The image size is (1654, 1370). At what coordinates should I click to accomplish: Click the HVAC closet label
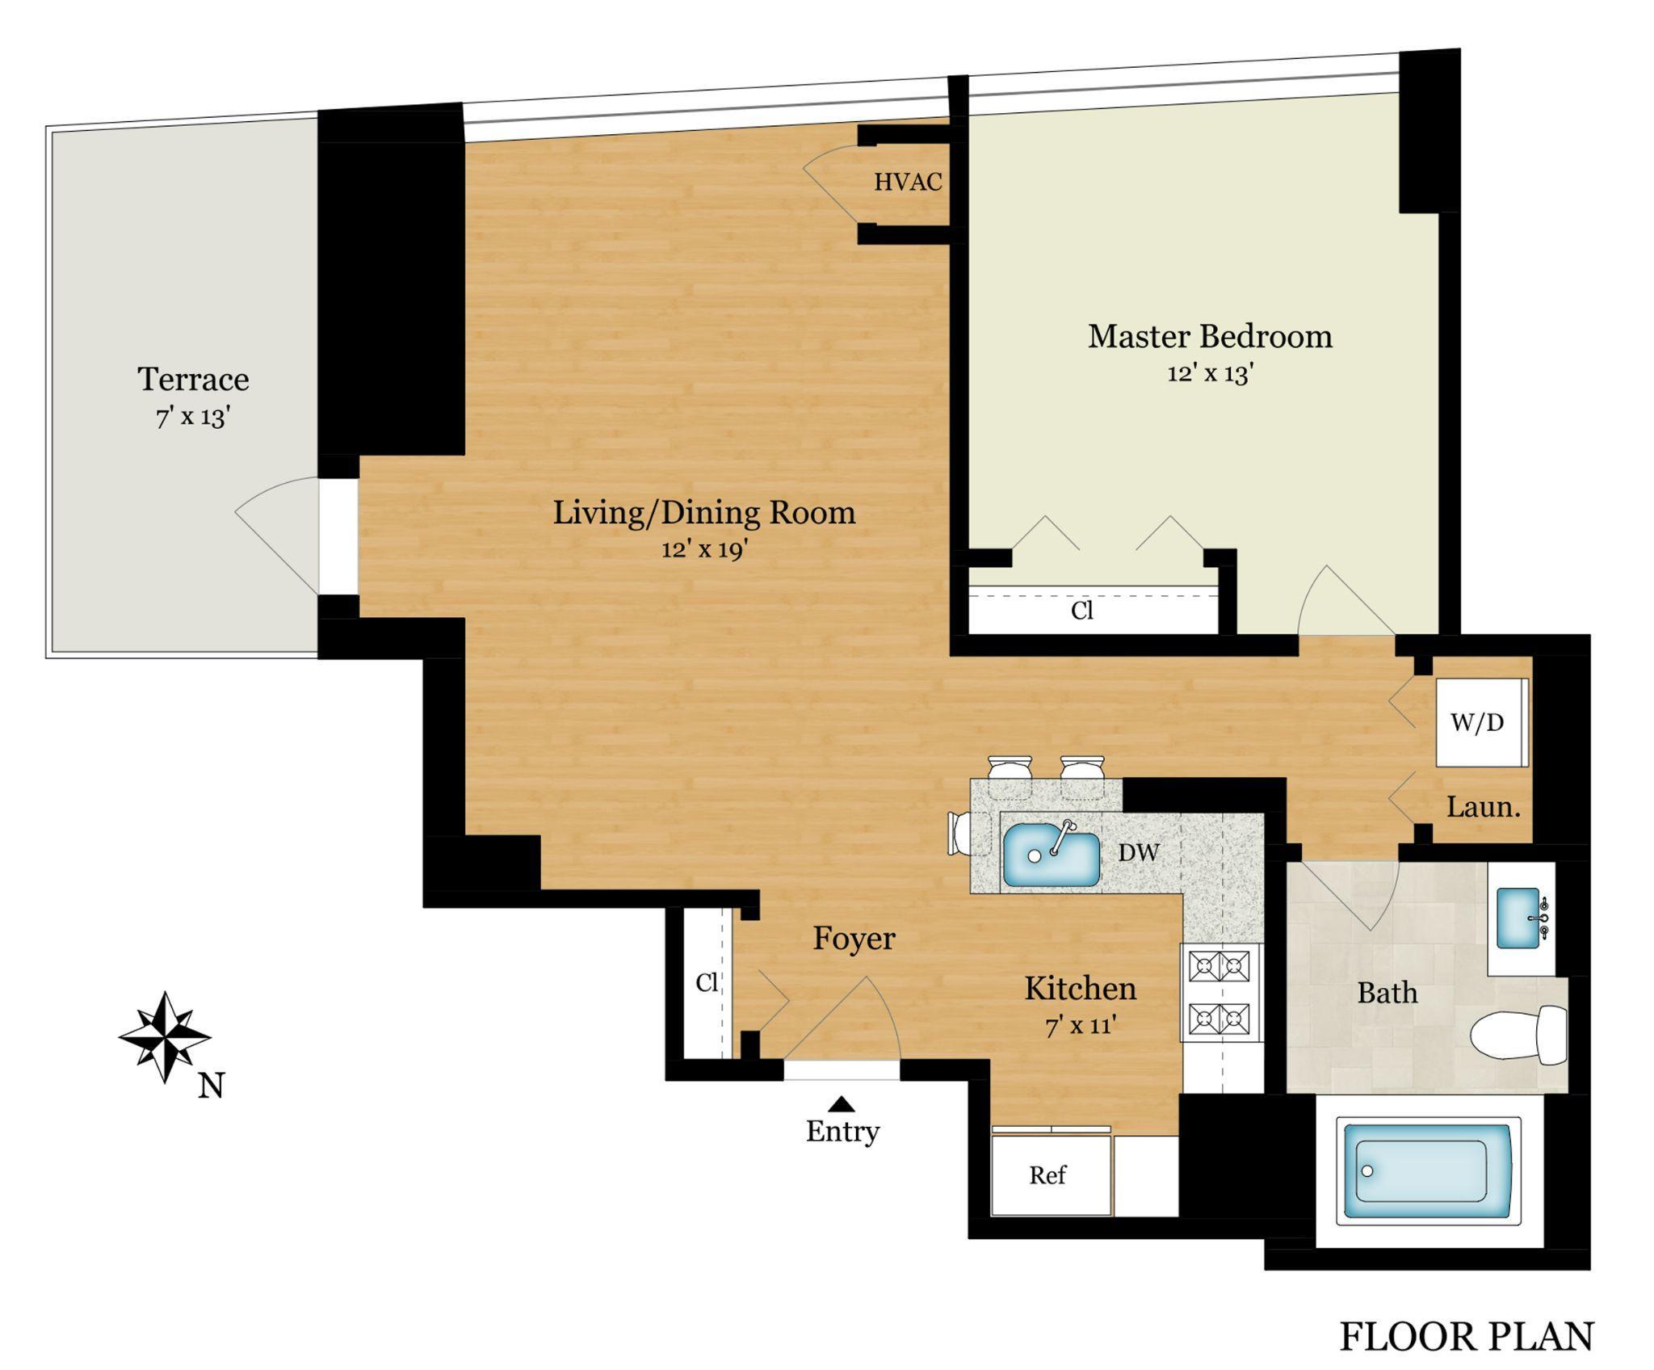[908, 183]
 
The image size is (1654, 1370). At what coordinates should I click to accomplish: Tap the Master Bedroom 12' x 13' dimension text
[1209, 374]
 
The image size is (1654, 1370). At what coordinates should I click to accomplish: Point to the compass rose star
[165, 1036]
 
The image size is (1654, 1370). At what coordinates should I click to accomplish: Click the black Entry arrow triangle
[842, 1103]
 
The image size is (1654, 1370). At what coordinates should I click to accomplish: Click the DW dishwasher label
[1139, 851]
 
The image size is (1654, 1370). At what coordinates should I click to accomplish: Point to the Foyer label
[854, 938]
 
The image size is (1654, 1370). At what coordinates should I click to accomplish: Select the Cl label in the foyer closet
[707, 982]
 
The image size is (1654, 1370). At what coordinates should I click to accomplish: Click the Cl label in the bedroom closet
[1082, 611]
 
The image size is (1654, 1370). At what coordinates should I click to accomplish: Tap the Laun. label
[1484, 807]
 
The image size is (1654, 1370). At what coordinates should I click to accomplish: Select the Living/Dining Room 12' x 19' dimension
[704, 549]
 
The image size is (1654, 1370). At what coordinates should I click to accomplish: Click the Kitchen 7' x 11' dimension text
[1081, 1026]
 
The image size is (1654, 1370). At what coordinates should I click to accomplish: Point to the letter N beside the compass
[211, 1087]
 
